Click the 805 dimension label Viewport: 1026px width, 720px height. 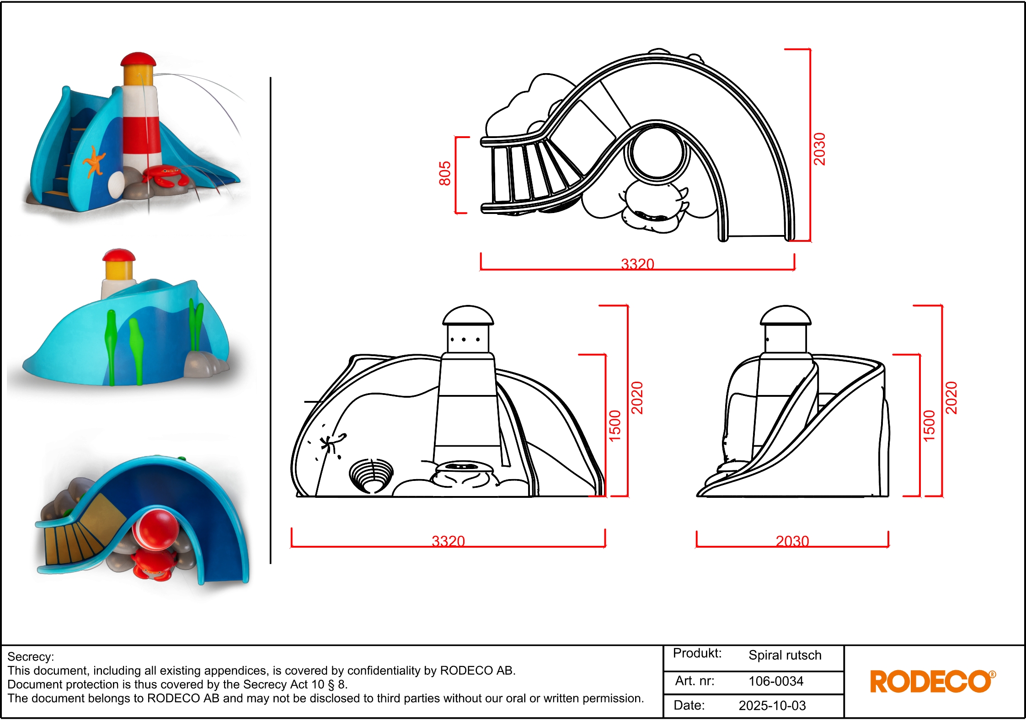pyautogui.click(x=445, y=173)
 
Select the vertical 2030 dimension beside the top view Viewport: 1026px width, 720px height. pyautogui.click(x=819, y=149)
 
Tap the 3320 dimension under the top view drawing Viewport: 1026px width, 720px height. pyautogui.click(x=637, y=264)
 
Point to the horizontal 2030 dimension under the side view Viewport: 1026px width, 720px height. pyautogui.click(x=792, y=541)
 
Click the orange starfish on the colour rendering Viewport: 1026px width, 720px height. pyautogui.click(x=94, y=161)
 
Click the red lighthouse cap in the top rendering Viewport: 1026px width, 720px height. pyautogui.click(x=138, y=59)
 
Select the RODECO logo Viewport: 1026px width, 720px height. pyautogui.click(x=933, y=681)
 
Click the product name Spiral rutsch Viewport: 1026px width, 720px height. pyautogui.click(x=785, y=655)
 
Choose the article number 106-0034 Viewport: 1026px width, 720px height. pyautogui.click(x=776, y=681)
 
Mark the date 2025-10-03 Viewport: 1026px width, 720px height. pyautogui.click(x=772, y=705)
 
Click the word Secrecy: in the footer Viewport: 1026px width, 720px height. pyautogui.click(x=31, y=657)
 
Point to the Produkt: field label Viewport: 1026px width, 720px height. pyautogui.click(x=697, y=653)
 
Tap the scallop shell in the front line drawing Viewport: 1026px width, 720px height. pyautogui.click(x=371, y=476)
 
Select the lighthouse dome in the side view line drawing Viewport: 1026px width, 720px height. pyautogui.click(x=786, y=315)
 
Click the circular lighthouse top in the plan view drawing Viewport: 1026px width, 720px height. pyautogui.click(x=657, y=152)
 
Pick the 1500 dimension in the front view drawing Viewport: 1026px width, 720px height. pyautogui.click(x=615, y=426)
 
